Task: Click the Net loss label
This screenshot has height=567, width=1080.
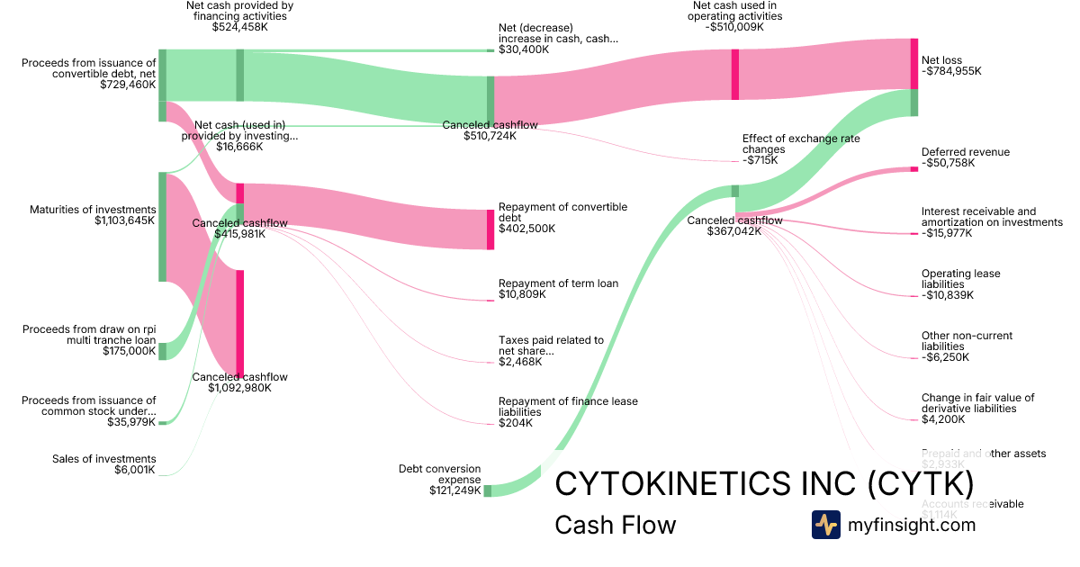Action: [x=941, y=60]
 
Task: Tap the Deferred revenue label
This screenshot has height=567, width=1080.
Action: [x=966, y=152]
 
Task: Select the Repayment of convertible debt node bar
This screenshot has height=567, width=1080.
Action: [x=490, y=229]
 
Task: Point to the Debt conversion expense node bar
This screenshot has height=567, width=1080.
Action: [x=488, y=490]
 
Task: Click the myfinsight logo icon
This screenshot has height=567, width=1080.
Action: [x=825, y=525]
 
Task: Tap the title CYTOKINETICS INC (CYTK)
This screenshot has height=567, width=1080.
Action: [x=764, y=483]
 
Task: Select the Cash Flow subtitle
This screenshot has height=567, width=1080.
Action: [x=615, y=525]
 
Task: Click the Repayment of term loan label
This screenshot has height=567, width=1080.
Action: [x=558, y=283]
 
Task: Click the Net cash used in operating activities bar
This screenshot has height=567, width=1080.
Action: [x=735, y=74]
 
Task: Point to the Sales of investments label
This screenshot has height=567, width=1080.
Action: [x=103, y=459]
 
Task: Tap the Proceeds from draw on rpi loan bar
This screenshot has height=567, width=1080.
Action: [x=163, y=351]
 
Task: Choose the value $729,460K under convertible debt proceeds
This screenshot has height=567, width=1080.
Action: [x=128, y=85]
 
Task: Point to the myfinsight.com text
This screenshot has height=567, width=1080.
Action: [x=912, y=525]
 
